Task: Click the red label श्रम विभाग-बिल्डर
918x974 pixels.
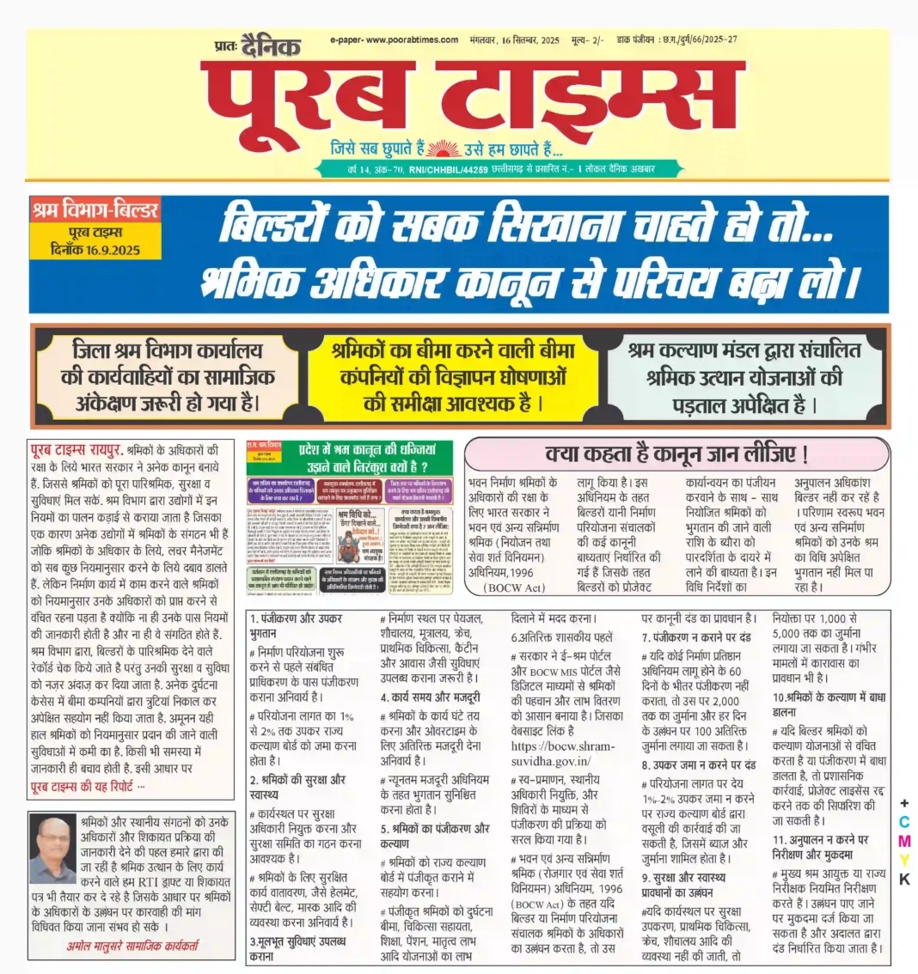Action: (x=95, y=210)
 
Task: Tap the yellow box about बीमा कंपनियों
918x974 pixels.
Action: (x=455, y=377)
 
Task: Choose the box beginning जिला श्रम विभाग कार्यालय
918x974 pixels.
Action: (x=168, y=377)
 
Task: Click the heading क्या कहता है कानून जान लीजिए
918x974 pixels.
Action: (x=676, y=454)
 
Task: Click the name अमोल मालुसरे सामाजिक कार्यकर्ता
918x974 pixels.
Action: (x=132, y=946)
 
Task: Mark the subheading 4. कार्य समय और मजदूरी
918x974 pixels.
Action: (x=431, y=697)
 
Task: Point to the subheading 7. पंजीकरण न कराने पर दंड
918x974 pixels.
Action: (x=697, y=637)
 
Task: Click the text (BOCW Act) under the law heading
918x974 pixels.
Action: (x=513, y=587)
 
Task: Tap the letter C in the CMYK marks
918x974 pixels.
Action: (x=903, y=822)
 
